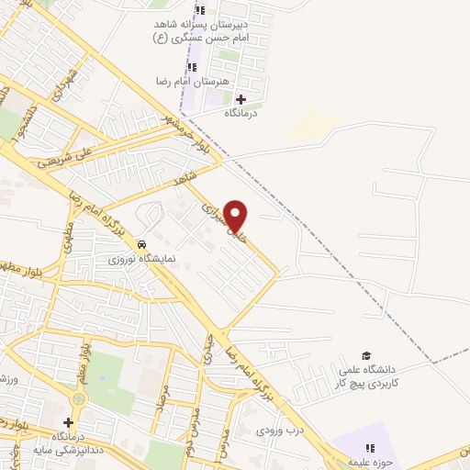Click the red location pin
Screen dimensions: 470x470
pyautogui.click(x=236, y=215)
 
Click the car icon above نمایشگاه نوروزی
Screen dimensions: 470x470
pyautogui.click(x=142, y=245)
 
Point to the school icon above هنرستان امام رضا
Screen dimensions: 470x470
pyautogui.click(x=192, y=67)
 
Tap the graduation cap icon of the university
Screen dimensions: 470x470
pyautogui.click(x=366, y=354)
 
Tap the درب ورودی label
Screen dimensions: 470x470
pyautogui.click(x=278, y=429)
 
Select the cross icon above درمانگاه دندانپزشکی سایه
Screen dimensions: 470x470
pyautogui.click(x=68, y=421)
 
